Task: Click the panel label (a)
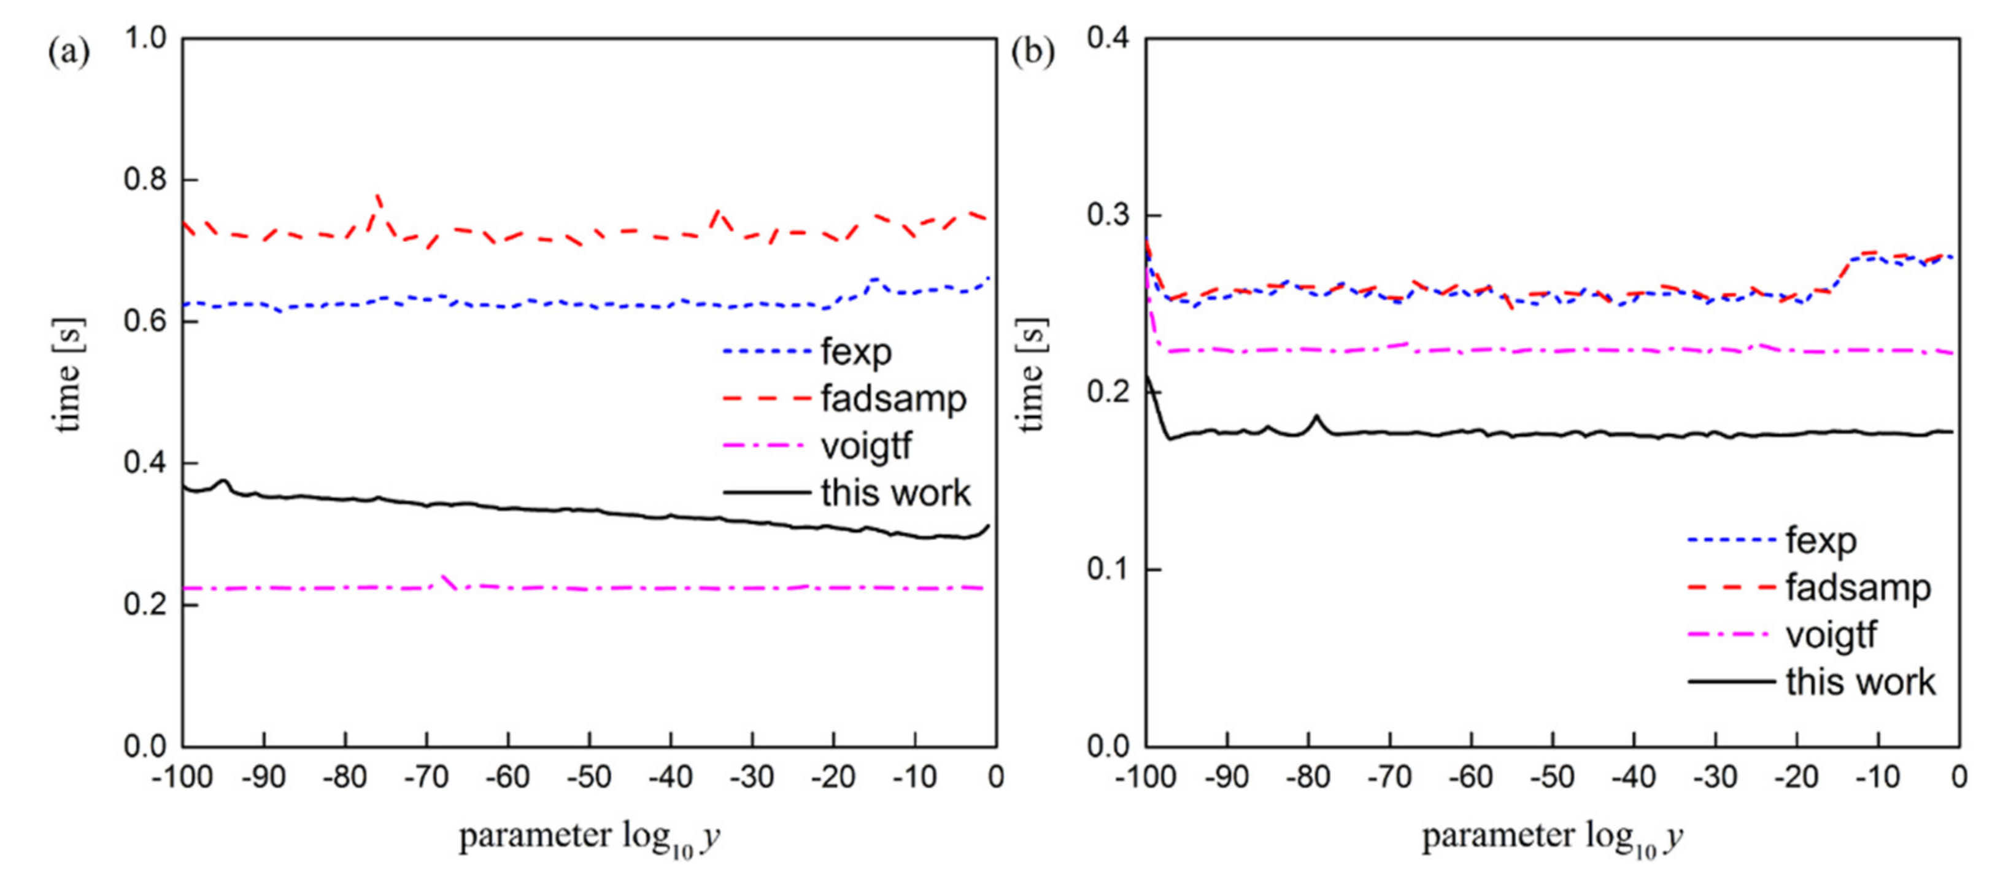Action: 69,53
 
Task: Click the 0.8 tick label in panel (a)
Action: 145,179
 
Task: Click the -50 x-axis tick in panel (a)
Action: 589,776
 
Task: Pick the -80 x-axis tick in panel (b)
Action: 1308,776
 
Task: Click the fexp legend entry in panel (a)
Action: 855,352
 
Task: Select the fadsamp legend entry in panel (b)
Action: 1858,587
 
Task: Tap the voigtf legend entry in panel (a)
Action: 865,446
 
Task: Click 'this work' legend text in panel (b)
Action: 1860,682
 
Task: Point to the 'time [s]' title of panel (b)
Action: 1030,375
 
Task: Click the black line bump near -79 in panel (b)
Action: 1316,417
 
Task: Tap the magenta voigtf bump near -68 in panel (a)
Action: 445,577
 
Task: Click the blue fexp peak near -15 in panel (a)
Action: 874,279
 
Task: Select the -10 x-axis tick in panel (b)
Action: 1878,776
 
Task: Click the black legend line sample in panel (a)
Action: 766,492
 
